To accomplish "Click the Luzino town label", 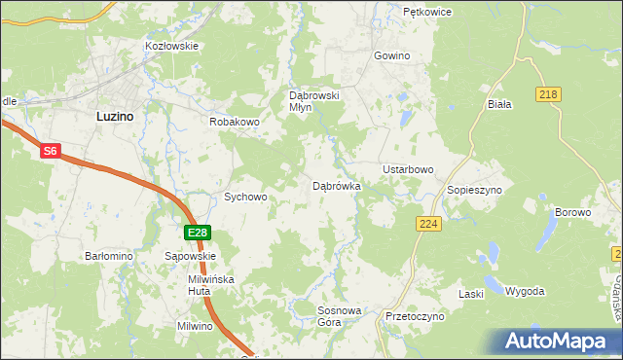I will pos(115,115).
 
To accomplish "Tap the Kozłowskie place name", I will pos(171,46).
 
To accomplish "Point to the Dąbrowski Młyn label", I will pos(313,101).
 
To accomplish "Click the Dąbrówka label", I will pos(337,185).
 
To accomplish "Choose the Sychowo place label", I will pos(245,197).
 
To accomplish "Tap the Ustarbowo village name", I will pos(408,169).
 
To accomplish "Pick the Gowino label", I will pos(391,56).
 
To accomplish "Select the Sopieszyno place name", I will pos(474,190).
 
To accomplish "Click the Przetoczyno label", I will pos(415,317).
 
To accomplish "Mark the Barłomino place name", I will pos(109,256).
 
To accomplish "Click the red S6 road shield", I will pos(51,152).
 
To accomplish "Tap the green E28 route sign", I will pos(198,233).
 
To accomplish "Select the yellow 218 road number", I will pos(547,92).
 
